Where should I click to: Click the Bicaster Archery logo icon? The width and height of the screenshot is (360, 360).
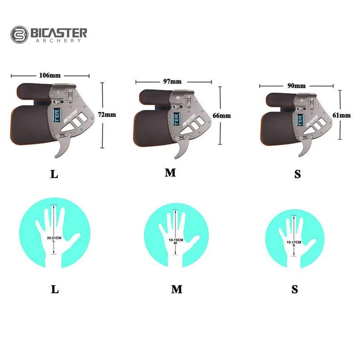pos(19,34)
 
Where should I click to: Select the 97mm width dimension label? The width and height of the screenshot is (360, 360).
pos(172,81)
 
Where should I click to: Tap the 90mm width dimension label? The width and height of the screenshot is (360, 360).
pos(297,85)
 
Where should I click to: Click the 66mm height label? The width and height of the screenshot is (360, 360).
pos(222,116)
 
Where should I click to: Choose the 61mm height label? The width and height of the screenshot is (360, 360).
pos(342,115)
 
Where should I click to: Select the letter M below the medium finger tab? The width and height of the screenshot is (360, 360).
pos(170,173)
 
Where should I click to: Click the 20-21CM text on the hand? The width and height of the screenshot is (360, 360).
pos(54,237)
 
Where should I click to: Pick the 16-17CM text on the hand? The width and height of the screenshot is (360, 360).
pos(294,243)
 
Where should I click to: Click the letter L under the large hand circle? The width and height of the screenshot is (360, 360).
pos(54,289)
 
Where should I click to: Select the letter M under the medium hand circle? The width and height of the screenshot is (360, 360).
pos(176,289)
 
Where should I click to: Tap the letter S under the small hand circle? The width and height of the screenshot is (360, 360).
pos(295,289)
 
